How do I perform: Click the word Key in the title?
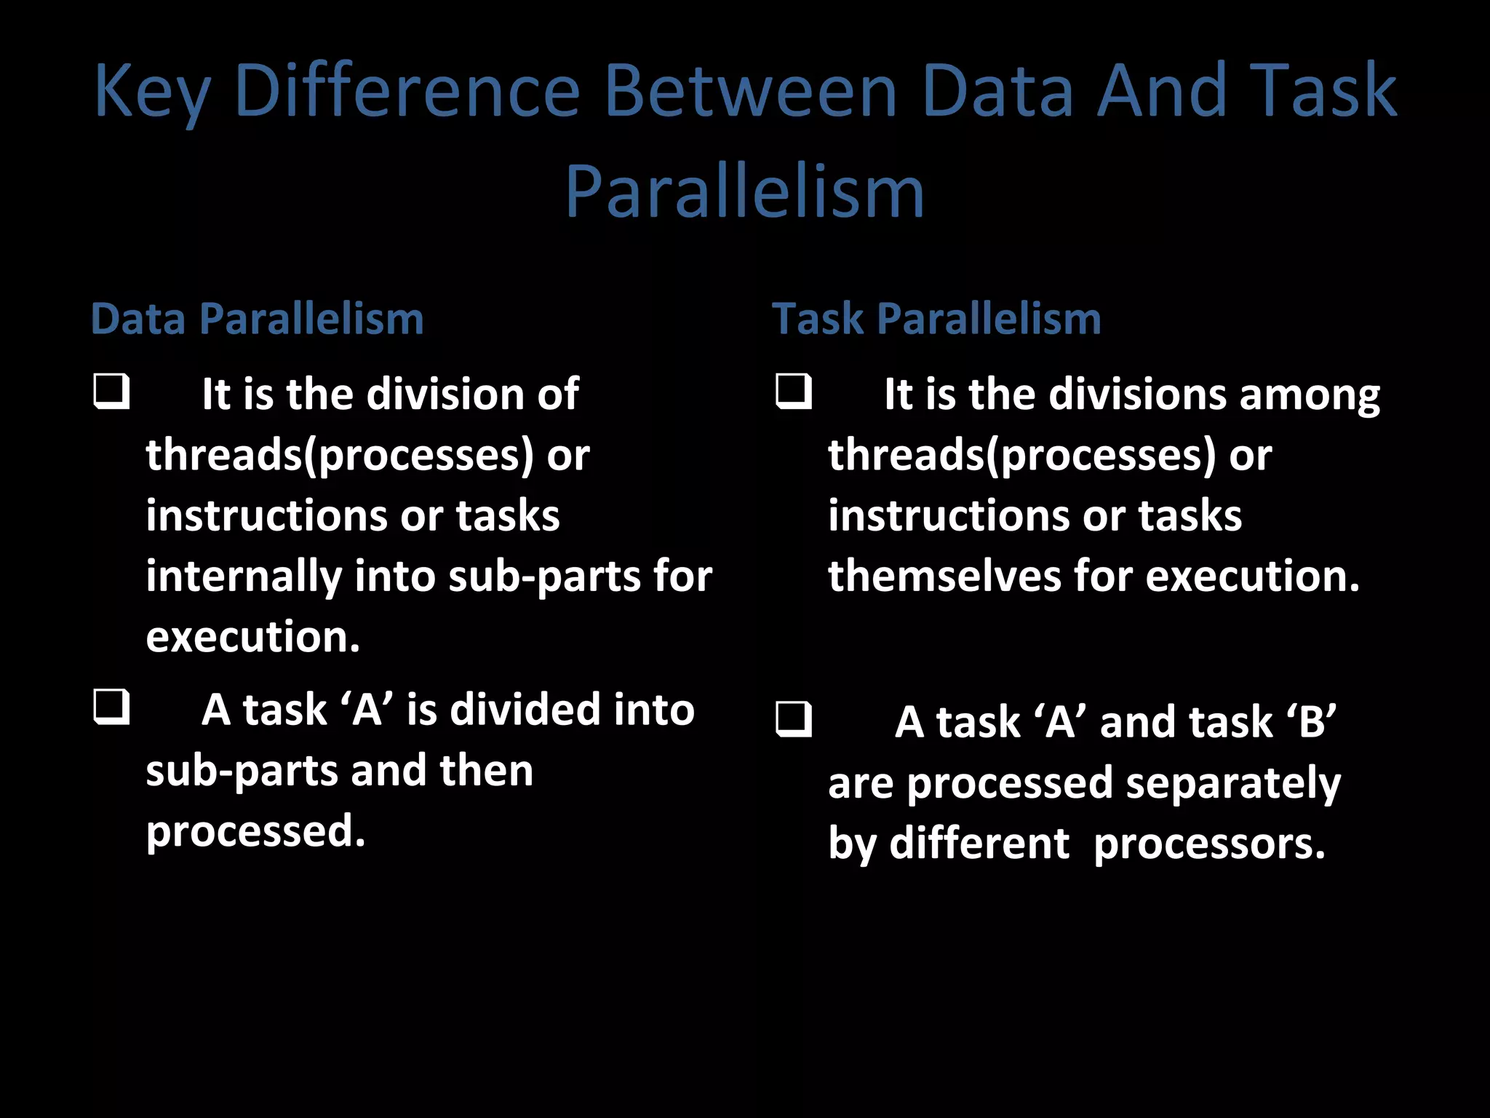(x=152, y=92)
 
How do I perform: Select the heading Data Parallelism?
(x=257, y=319)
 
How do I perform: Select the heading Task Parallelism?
(x=936, y=319)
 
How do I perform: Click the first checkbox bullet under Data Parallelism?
(x=111, y=392)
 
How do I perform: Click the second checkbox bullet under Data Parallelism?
(x=111, y=707)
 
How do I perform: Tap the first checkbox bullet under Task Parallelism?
(x=793, y=392)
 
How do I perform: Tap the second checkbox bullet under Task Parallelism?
(x=793, y=720)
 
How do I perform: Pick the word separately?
(x=1232, y=784)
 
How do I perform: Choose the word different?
(x=979, y=844)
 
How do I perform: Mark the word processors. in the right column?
(x=1209, y=844)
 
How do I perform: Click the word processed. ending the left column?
(x=255, y=831)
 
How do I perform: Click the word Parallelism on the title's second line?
(x=744, y=191)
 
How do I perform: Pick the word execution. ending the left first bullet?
(x=252, y=637)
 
